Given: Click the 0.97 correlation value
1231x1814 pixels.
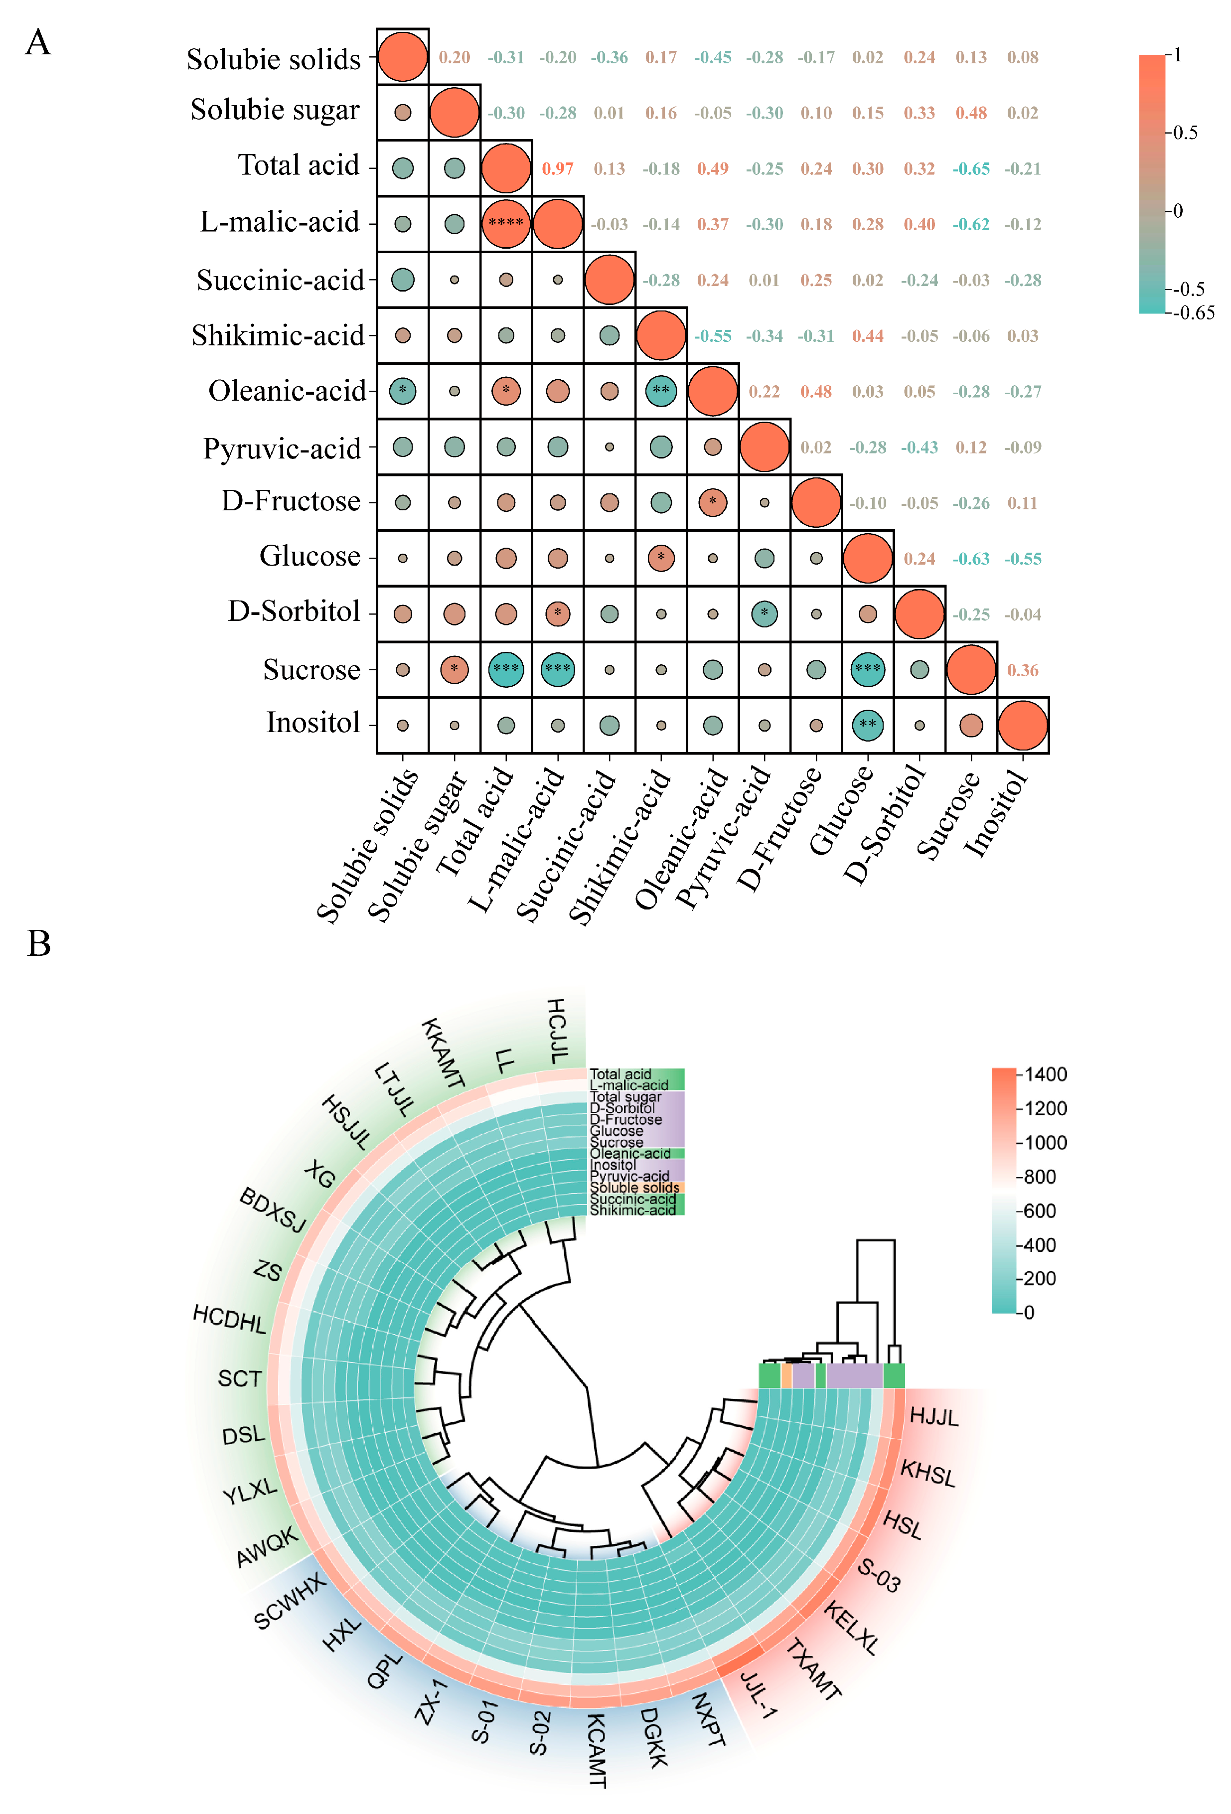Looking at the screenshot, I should click(557, 168).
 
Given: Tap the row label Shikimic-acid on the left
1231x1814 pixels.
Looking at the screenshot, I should click(278, 335).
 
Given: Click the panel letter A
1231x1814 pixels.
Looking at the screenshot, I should click(37, 43).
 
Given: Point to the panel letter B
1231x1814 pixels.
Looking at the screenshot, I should click(38, 943).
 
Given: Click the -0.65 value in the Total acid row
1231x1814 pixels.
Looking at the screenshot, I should click(970, 168).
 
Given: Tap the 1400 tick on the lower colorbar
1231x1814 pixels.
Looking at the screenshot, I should click(1045, 1074).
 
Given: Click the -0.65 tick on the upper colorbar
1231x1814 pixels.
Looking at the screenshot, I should click(1194, 313).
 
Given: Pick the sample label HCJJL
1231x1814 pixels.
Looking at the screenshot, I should click(557, 1030).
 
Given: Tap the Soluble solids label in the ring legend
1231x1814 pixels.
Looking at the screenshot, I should click(634, 1187).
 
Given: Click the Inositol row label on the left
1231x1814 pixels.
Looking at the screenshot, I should click(313, 723).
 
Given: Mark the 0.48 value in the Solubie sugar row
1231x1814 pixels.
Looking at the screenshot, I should click(970, 113).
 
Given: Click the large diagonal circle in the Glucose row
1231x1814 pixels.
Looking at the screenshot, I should click(867, 558).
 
